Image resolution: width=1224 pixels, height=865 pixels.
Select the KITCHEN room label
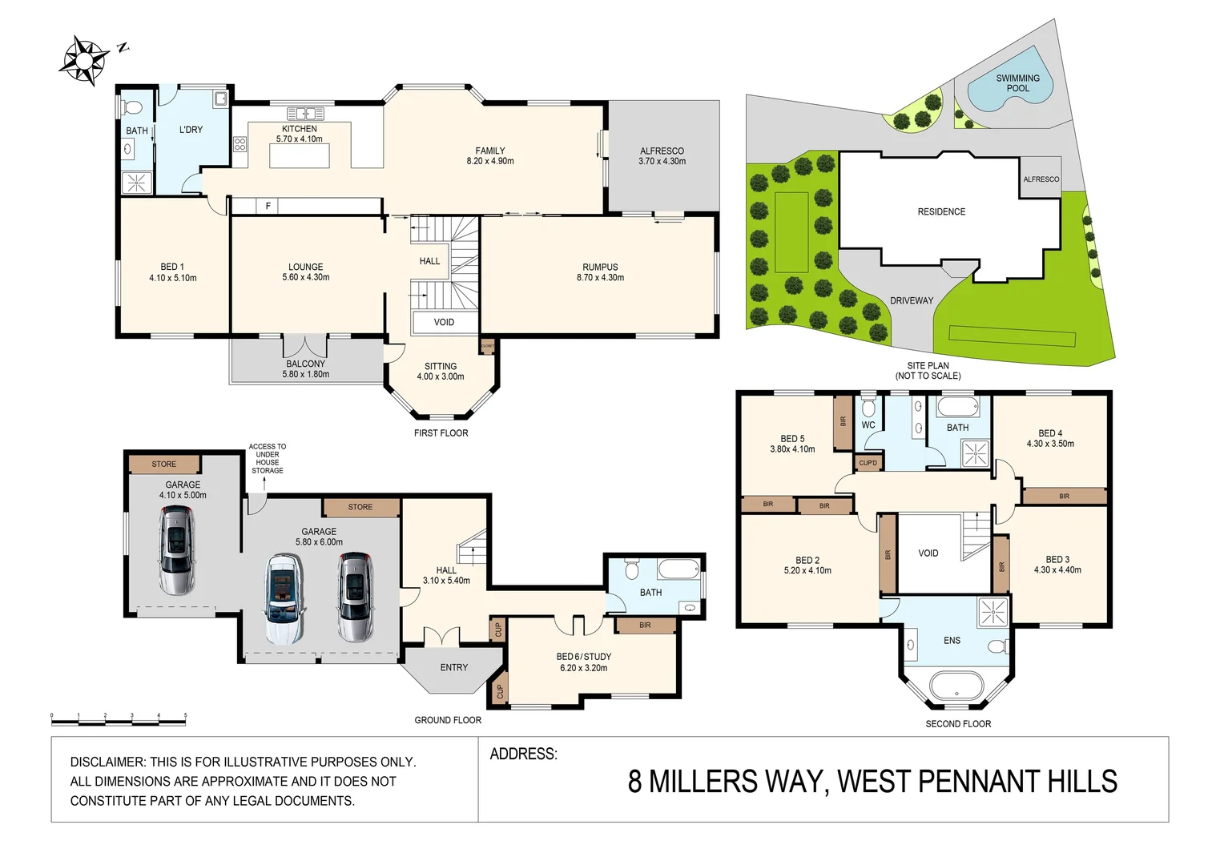pyautogui.click(x=299, y=129)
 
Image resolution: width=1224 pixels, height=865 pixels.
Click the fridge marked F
pyautogui.click(x=268, y=207)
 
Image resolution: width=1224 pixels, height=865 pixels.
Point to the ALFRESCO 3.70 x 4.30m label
pyautogui.click(x=662, y=156)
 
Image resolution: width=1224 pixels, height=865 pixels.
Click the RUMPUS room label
pyautogui.click(x=600, y=268)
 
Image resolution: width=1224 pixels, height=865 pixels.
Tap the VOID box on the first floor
pyautogui.click(x=444, y=322)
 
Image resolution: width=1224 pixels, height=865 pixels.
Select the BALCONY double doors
pyautogui.click(x=305, y=345)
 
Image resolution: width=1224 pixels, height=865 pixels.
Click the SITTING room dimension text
pyautogui.click(x=440, y=376)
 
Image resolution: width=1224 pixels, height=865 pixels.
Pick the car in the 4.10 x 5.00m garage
pyautogui.click(x=176, y=551)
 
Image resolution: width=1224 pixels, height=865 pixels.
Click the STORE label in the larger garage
pyautogui.click(x=360, y=507)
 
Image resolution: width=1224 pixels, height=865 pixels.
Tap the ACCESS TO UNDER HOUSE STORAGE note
pyautogui.click(x=267, y=458)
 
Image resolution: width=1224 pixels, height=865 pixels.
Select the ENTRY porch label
pyautogui.click(x=453, y=667)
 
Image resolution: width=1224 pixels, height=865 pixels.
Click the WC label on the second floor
pyautogui.click(x=868, y=425)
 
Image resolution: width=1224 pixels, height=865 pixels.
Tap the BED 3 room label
pyautogui.click(x=1057, y=560)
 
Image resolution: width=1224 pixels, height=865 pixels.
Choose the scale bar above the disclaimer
pyautogui.click(x=119, y=720)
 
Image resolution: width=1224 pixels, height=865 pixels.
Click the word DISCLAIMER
pyautogui.click(x=107, y=762)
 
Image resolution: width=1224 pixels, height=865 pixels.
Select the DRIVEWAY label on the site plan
pyautogui.click(x=912, y=301)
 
